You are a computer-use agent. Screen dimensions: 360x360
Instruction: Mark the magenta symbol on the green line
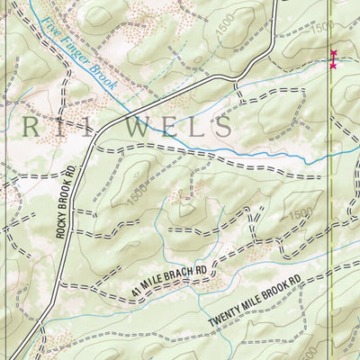(x=333, y=59)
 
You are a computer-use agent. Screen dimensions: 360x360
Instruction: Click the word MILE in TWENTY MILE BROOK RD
(x=257, y=308)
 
